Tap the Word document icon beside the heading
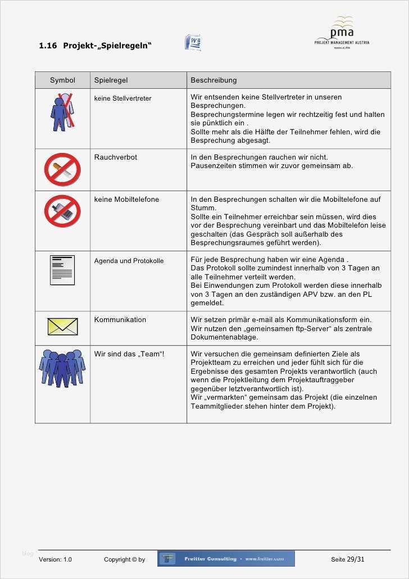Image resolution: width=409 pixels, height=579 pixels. tap(193, 43)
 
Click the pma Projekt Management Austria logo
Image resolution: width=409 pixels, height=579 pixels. tap(342, 33)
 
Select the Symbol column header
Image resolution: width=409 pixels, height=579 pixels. tap(62, 80)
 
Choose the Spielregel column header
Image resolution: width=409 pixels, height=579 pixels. tap(111, 80)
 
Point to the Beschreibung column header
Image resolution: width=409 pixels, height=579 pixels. tap(213, 80)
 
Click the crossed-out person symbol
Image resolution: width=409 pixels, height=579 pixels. tap(62, 112)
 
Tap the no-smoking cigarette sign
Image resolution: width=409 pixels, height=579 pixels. tap(62, 169)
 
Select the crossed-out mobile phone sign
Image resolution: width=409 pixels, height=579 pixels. tap(62, 211)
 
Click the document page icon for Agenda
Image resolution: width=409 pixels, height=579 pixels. tap(62, 270)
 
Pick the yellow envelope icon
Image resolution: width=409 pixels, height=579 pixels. tap(62, 327)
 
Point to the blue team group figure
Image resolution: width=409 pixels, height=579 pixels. tap(62, 368)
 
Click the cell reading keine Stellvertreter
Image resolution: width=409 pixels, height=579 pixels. tap(122, 98)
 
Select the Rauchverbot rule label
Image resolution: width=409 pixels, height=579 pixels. tap(115, 157)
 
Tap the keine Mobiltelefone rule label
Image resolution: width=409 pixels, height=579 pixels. tap(126, 200)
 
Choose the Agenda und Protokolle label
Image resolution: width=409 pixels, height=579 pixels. tap(129, 261)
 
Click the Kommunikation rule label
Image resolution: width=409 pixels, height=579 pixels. tap(120, 320)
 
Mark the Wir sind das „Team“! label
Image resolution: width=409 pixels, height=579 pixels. tap(129, 354)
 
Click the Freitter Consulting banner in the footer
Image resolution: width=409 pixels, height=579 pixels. tap(226, 559)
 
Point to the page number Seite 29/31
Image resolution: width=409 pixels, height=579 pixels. tap(347, 559)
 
